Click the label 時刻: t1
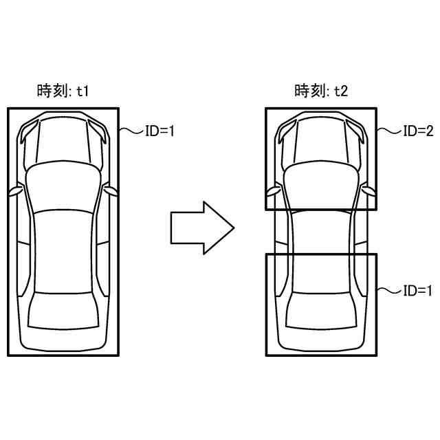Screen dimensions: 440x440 coord(63,91)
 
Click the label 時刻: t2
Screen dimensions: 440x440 coord(321,91)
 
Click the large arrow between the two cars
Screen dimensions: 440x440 coord(201,227)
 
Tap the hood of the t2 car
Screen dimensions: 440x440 coord(321,141)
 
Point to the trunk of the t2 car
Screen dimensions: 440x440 coord(321,330)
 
